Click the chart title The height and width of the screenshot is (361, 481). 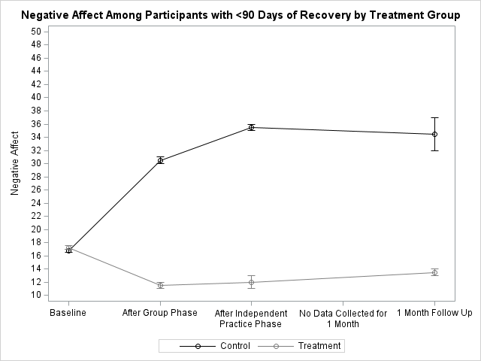click(x=240, y=14)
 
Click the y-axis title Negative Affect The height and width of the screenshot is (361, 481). click(x=14, y=163)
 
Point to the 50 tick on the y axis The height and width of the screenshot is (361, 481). click(x=36, y=31)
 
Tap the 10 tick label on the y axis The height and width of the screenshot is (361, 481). click(x=36, y=296)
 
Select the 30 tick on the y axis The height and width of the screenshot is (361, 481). click(x=36, y=163)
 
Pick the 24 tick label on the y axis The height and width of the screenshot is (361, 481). click(x=36, y=203)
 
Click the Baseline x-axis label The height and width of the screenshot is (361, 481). click(x=68, y=313)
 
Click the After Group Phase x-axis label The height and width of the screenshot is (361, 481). click(x=160, y=313)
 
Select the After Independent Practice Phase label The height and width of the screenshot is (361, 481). click(x=251, y=318)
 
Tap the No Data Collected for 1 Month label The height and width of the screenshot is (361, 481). click(x=343, y=318)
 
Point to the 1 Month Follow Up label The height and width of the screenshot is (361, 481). click(x=434, y=313)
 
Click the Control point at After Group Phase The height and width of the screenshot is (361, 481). click(x=160, y=160)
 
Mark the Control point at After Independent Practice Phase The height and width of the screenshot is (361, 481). click(x=252, y=127)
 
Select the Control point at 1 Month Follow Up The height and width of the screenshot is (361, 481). click(x=434, y=134)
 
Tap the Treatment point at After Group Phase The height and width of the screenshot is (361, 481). click(x=160, y=285)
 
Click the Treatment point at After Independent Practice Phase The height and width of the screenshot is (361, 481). click(x=252, y=282)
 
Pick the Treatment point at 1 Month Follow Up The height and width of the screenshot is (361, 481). click(x=434, y=272)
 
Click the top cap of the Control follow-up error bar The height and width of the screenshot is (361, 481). click(x=434, y=117)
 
